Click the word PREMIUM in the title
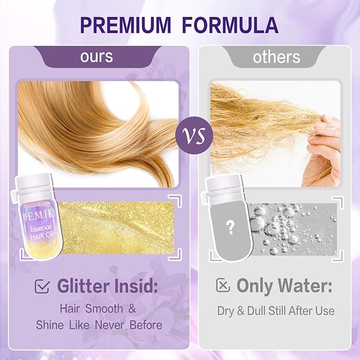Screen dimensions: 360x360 [126, 25]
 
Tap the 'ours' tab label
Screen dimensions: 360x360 [97, 56]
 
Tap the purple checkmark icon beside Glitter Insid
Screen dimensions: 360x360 [42, 286]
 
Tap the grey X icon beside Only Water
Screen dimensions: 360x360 [223, 286]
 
